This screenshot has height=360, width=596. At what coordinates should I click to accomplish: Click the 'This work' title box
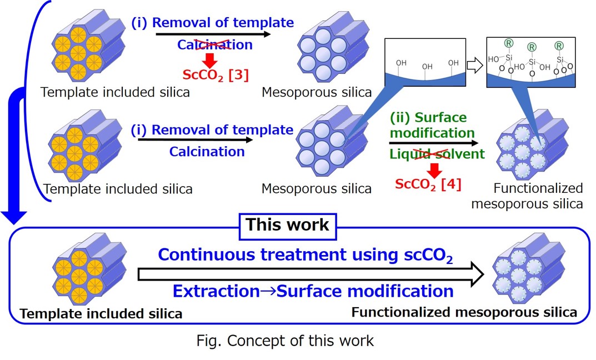[x=287, y=225]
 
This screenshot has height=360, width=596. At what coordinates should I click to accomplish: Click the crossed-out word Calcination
[x=214, y=45]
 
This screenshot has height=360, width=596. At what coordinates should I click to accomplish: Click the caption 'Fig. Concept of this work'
[x=285, y=340]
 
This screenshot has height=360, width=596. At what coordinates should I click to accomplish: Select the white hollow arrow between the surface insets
[x=474, y=66]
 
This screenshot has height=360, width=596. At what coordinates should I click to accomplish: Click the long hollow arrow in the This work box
[x=311, y=273]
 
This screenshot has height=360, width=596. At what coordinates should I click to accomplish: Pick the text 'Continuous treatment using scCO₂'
[x=305, y=255]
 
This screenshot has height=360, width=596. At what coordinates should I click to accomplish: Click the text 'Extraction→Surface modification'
[x=313, y=291]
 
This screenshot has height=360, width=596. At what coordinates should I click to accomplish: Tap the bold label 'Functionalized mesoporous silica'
[x=464, y=312]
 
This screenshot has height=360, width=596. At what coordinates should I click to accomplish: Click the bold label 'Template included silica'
[x=101, y=314]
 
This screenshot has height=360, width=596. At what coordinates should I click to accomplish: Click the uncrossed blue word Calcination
[x=207, y=151]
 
